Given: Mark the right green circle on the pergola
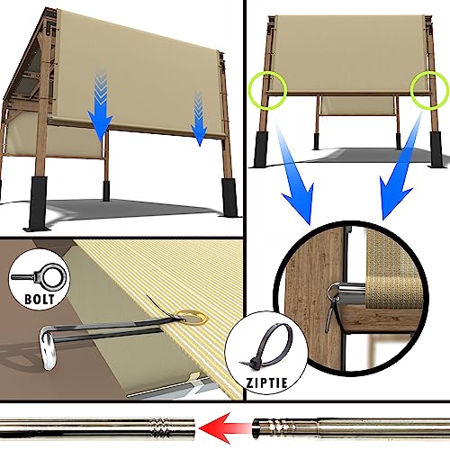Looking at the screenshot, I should click(427, 88).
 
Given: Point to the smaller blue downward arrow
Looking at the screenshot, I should click(199, 118).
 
